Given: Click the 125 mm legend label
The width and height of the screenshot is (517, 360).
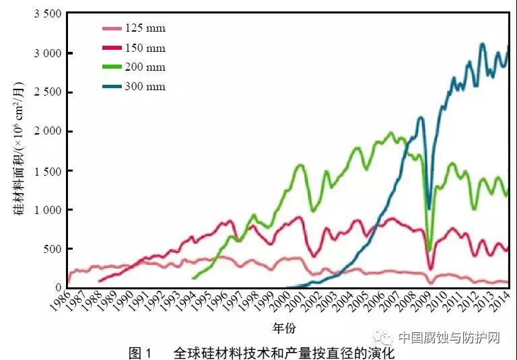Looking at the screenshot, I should (x=145, y=28).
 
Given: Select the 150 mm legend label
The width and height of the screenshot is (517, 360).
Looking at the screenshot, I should (x=145, y=48).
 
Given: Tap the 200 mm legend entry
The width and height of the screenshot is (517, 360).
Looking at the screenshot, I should (x=145, y=67).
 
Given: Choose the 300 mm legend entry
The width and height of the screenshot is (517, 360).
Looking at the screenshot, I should (x=145, y=87).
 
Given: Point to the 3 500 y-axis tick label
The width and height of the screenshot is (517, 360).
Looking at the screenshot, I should (x=46, y=13).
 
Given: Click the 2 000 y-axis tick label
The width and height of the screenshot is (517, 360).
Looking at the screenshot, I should (x=46, y=131).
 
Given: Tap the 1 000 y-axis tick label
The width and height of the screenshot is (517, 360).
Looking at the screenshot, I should (x=46, y=210).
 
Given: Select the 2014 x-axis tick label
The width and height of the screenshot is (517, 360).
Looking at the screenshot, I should (x=499, y=304).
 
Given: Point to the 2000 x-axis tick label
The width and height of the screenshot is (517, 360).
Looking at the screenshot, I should (x=279, y=304).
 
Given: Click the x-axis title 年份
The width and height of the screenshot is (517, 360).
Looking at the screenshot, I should (x=284, y=328).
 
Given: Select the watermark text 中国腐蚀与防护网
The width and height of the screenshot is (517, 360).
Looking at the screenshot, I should (x=448, y=337).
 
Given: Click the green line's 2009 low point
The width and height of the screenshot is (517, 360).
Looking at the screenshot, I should (x=429, y=250).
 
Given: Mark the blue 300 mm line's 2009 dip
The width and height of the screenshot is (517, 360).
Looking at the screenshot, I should (x=429, y=209).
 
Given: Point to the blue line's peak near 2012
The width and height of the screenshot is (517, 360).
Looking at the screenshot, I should (x=482, y=44).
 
